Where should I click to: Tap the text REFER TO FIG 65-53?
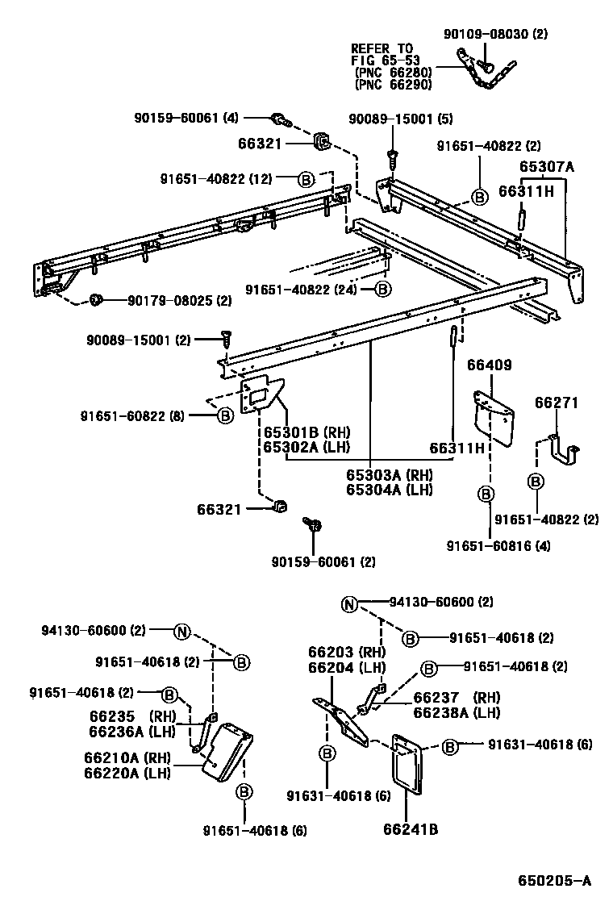[382, 54]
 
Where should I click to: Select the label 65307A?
[546, 167]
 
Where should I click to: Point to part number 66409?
[489, 365]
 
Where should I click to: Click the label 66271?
[554, 403]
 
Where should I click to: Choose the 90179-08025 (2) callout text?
[168, 301]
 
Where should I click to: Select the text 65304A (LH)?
[389, 489]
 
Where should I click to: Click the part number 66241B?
[411, 827]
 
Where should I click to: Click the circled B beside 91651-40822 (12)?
[306, 179]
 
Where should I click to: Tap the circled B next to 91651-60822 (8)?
[225, 415]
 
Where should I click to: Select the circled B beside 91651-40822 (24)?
[382, 289]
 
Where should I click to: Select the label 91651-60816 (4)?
[498, 545]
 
